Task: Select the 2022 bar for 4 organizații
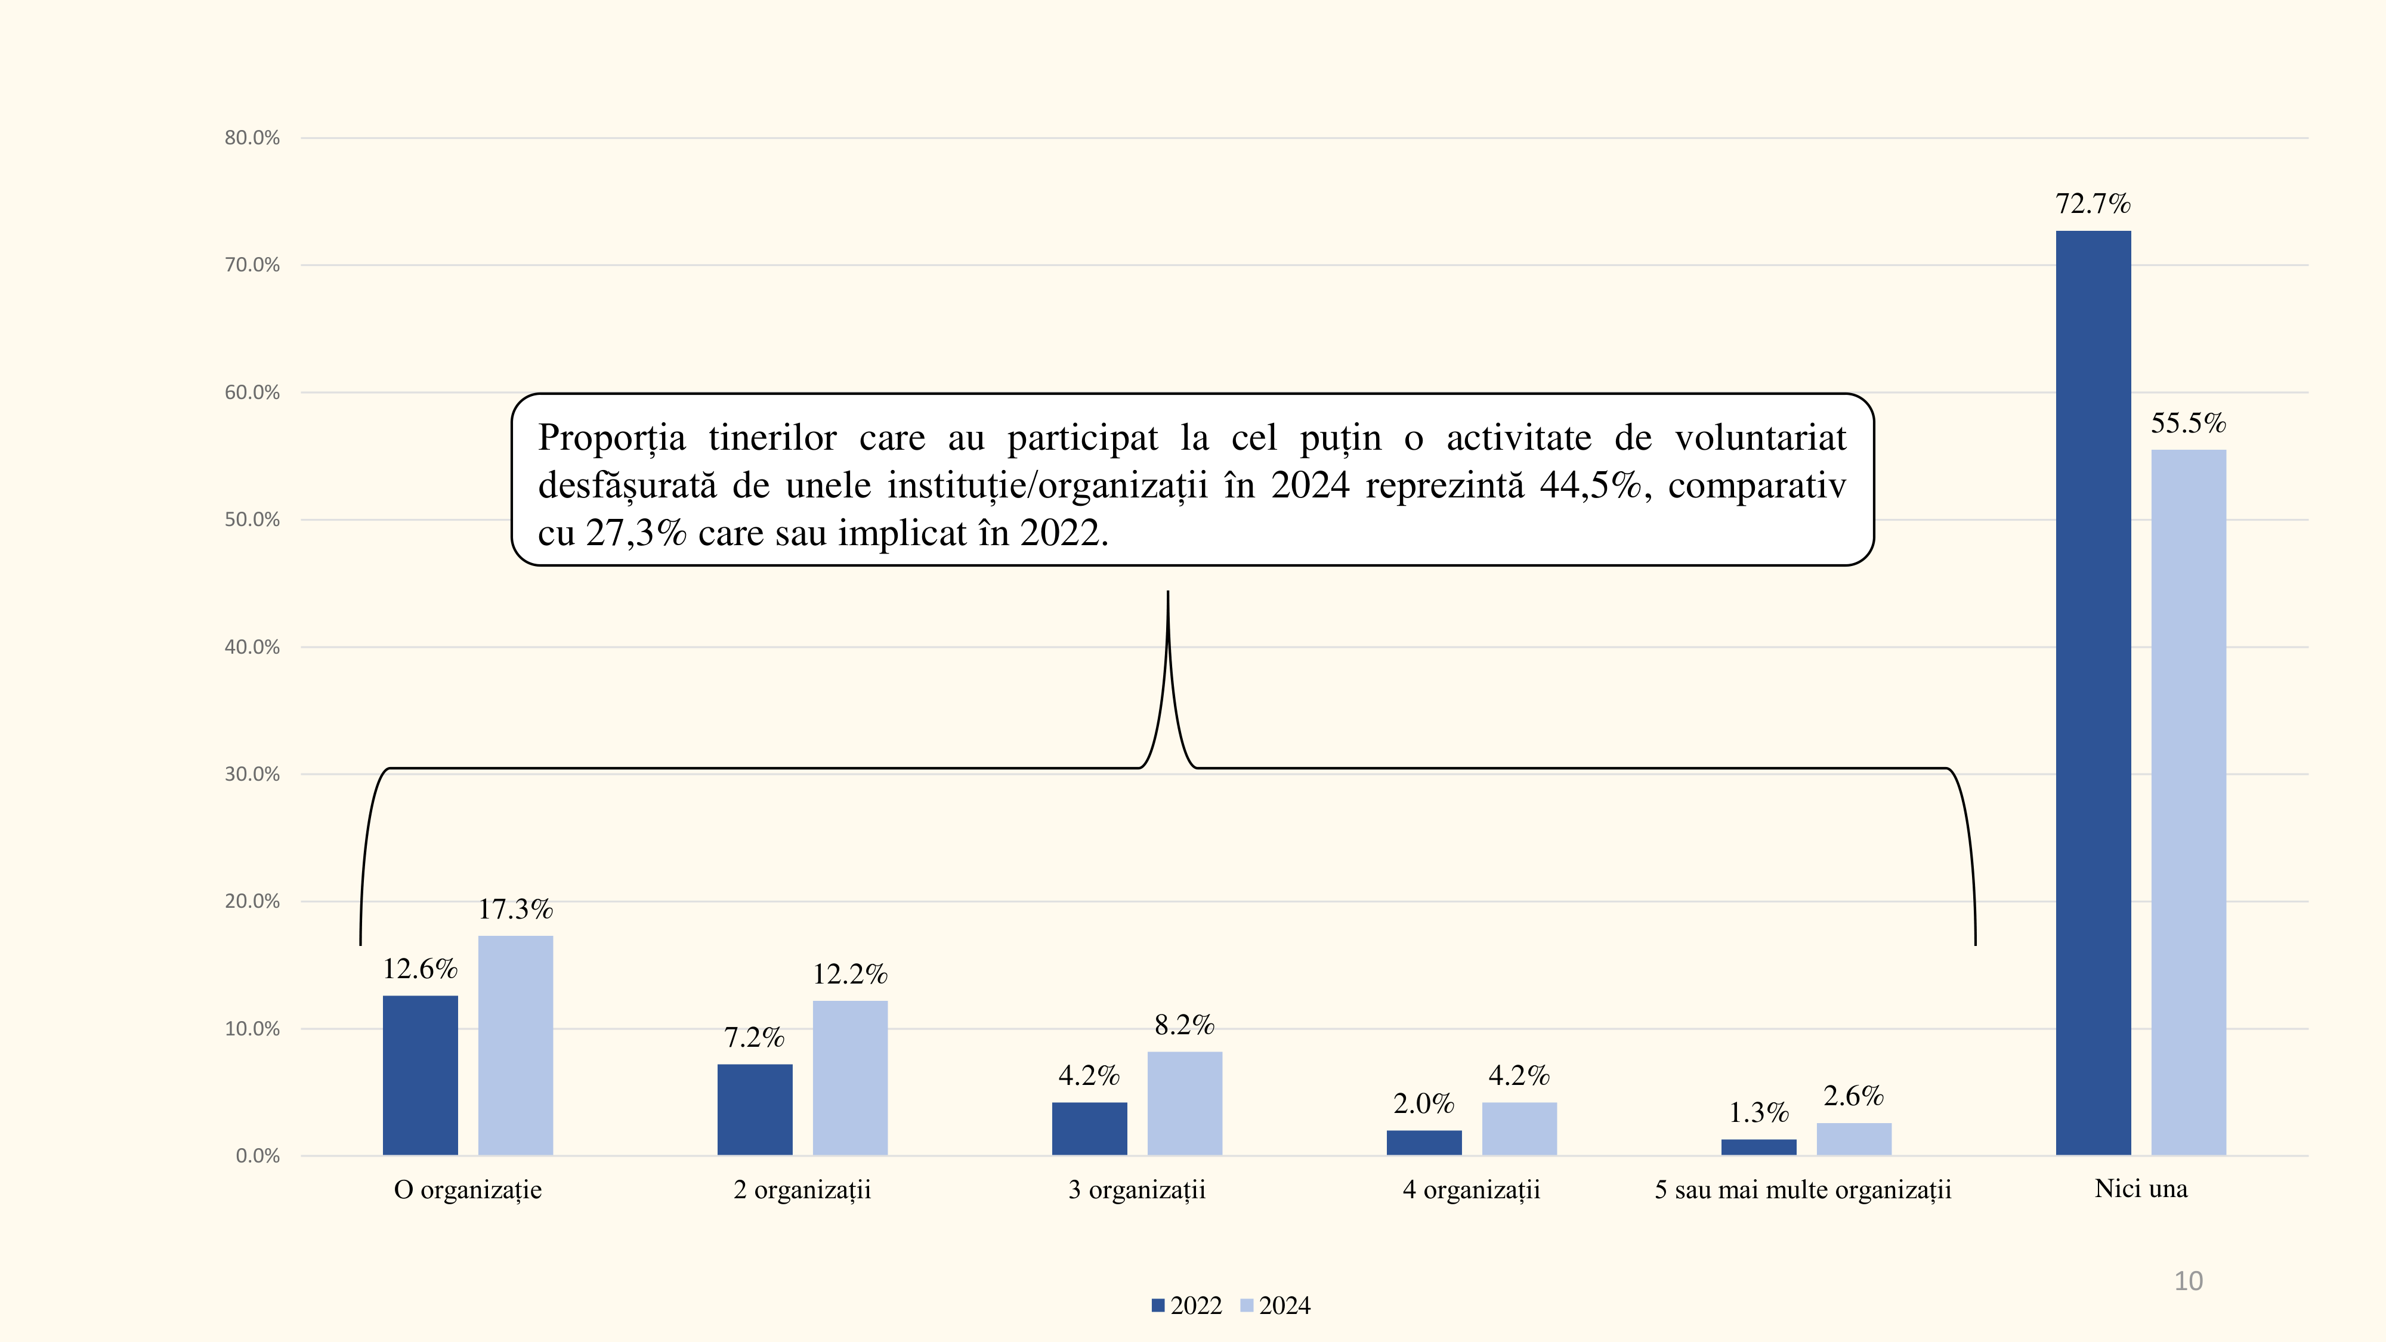click(x=1424, y=1142)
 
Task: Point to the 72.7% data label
click(x=2093, y=204)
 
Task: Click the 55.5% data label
click(x=2188, y=423)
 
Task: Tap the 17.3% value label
click(x=515, y=910)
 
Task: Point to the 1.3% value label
click(x=1758, y=1112)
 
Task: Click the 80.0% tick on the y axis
click(x=252, y=138)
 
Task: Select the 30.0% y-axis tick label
click(x=252, y=774)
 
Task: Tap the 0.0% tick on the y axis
click(x=258, y=1156)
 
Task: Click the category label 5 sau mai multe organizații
click(x=1803, y=1190)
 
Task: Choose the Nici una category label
click(x=2141, y=1189)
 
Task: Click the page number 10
click(x=2188, y=1281)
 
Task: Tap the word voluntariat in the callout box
click(x=1760, y=438)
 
